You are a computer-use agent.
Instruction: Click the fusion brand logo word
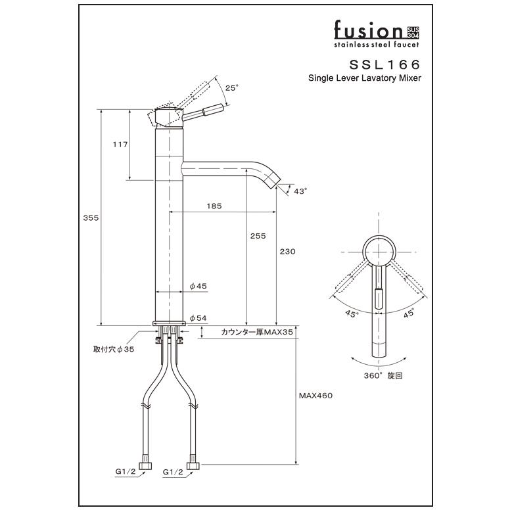coord(367,31)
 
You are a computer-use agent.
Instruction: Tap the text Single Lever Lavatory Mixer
coord(365,78)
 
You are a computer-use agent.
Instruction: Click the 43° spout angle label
coord(300,191)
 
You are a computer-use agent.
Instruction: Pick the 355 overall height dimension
coord(91,218)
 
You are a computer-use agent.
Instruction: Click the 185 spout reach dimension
coord(214,206)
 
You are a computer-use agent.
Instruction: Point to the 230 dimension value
coord(287,251)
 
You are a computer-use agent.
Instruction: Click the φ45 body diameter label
coord(198,286)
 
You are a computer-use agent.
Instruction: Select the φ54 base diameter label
coord(198,318)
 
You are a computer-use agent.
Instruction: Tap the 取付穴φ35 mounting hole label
coord(113,350)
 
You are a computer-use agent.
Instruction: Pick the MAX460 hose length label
coord(317,396)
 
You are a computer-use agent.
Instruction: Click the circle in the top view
coord(379,250)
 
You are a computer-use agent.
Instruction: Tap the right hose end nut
coord(193,467)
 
